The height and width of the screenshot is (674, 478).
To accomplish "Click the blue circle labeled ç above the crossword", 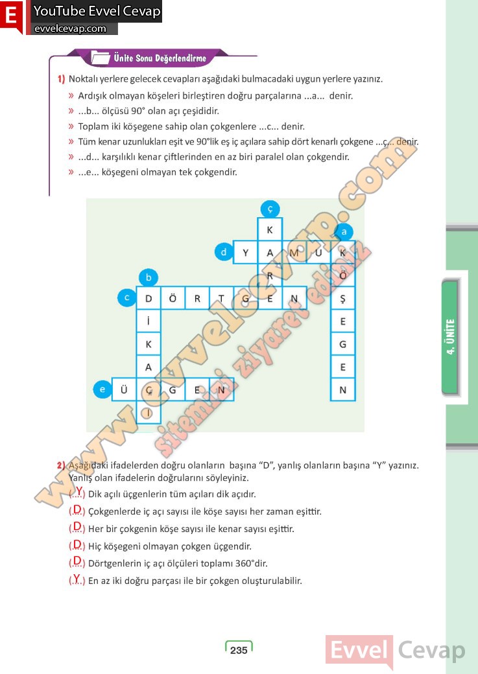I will pos(270,208).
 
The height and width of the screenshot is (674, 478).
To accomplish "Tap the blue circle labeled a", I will pos(344,231).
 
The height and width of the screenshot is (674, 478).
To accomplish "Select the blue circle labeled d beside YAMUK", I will pos(223,252).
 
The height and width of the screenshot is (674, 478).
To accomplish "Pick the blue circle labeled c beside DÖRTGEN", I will pos(127,298).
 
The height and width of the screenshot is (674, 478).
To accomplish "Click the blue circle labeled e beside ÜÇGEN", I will pos(101,389).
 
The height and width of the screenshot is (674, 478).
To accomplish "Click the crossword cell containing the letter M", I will pos(294,253).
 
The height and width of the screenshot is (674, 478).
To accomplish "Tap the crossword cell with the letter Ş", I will pos(343,299).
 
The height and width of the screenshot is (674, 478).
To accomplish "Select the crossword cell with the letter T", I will pos(221,299).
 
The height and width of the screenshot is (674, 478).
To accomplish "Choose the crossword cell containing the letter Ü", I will pos(124,389).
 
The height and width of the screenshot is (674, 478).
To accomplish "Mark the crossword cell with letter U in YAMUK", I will pos(318,253).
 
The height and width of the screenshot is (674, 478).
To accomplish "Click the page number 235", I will pos(239,650).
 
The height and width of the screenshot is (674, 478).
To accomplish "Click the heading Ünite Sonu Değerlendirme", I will pos(160,58).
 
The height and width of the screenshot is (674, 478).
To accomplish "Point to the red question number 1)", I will pos(61,79).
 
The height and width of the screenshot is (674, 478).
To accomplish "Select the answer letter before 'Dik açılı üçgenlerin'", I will pos(78,492).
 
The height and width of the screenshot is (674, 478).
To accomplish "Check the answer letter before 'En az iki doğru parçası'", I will pos(77,579).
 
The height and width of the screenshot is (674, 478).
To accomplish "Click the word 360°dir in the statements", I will pos(249,563).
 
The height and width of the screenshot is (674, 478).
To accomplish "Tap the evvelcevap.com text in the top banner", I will pos(70,29).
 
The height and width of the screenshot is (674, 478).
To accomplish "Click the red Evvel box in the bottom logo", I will pos(359,650).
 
